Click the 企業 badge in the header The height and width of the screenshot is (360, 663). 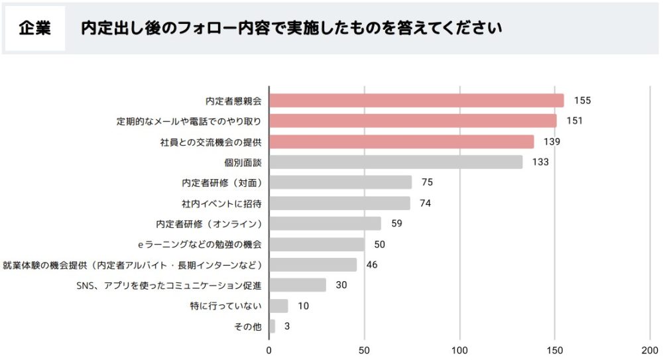coord(35,29)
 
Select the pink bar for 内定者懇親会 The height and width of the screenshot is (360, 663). coord(416,101)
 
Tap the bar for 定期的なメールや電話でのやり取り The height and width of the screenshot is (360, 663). coord(412,121)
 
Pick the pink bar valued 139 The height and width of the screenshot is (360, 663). coord(401,142)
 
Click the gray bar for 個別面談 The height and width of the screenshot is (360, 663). coord(396,162)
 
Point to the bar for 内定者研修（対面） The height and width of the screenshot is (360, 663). coord(340,182)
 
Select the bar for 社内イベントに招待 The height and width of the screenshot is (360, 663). coord(339,203)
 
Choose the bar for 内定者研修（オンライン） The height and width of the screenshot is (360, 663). coord(325,223)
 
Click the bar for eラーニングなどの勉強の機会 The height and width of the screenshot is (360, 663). coord(317,244)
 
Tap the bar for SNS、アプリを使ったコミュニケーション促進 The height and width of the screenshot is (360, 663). coord(298,285)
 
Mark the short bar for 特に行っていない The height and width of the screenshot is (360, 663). coord(278,306)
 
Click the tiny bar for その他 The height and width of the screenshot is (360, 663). coord(272,326)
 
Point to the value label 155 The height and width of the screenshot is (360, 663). coord(582,101)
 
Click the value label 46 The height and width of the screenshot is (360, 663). coord(372,265)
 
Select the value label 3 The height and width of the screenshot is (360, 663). coord(286,326)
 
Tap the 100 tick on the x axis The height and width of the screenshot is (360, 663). coord(460,349)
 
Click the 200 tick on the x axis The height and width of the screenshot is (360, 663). coord(650,349)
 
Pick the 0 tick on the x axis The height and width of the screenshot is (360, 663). coord(269,349)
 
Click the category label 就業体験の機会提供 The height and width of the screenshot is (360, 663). coord(133,265)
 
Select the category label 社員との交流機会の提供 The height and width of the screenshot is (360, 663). coord(211,142)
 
